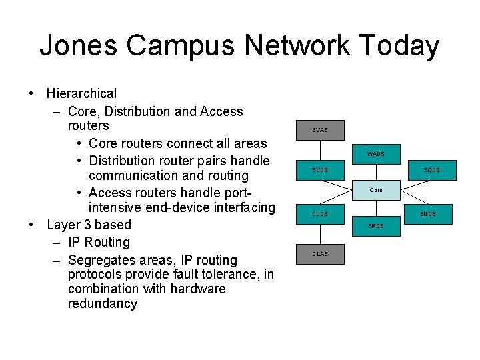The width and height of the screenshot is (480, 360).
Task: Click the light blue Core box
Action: click(376, 190)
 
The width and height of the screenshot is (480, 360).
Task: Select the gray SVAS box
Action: click(320, 129)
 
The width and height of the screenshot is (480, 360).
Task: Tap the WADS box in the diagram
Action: click(376, 154)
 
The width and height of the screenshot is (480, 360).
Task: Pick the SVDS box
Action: click(320, 170)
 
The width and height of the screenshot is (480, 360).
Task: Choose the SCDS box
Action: click(431, 170)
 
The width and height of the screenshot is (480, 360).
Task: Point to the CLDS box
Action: click(320, 214)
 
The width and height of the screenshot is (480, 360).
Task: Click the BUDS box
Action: click(428, 214)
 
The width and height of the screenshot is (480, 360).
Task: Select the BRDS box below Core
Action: click(376, 226)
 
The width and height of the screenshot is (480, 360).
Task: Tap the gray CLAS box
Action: click(320, 254)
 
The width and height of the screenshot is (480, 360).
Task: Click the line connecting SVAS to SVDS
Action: click(320, 150)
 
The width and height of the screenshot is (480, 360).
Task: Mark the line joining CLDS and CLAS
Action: click(320, 234)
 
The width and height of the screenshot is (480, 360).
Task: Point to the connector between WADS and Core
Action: click(376, 172)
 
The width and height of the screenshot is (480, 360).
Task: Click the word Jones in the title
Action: click(79, 46)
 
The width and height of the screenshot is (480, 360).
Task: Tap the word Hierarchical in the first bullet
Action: click(81, 93)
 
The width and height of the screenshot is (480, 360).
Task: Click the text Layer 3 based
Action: click(89, 225)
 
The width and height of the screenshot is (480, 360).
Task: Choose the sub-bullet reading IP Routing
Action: click(99, 242)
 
